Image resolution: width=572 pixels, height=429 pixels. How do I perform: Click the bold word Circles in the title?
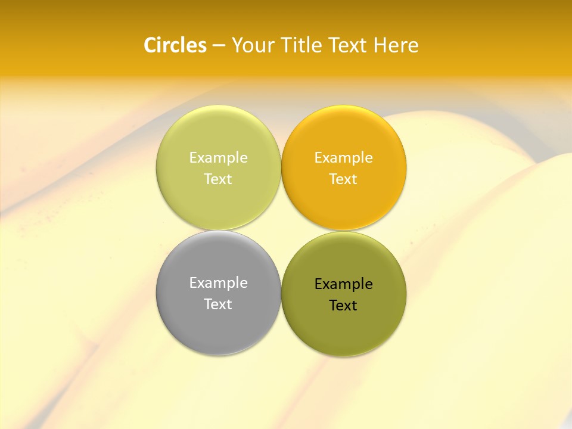[175, 45]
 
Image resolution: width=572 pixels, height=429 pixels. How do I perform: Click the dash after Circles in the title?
[219, 46]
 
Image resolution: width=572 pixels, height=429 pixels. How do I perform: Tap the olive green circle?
[344, 328]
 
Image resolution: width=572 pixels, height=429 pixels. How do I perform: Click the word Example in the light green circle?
[218, 157]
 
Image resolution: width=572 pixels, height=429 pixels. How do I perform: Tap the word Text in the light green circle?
[218, 179]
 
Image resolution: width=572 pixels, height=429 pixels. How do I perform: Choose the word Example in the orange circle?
[344, 157]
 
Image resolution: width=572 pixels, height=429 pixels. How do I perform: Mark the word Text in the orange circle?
[344, 179]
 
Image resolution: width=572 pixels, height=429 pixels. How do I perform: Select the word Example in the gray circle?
[218, 282]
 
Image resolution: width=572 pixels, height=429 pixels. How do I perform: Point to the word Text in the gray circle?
[218, 304]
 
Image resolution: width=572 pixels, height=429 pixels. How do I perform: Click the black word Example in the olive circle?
[344, 284]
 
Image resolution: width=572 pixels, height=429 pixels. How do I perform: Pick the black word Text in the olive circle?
[344, 305]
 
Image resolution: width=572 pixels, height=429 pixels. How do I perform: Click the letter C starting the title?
[150, 45]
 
